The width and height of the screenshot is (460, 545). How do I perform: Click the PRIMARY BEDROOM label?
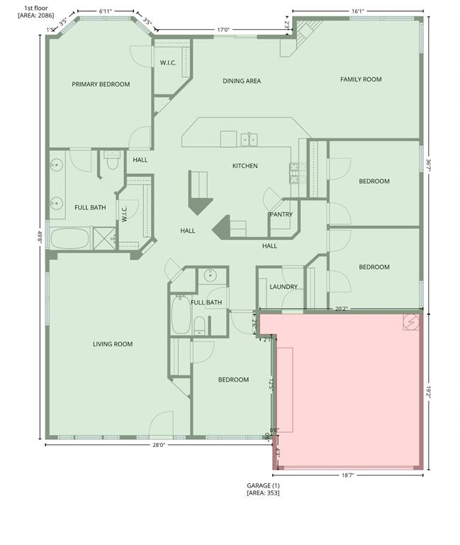(x=101, y=84)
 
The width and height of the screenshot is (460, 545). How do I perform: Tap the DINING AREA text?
(x=242, y=81)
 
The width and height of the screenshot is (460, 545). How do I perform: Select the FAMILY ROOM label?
(x=361, y=79)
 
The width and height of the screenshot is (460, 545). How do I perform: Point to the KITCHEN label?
(x=245, y=166)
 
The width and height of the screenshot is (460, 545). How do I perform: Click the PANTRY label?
(x=281, y=214)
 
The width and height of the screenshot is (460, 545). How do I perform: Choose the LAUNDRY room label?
(x=284, y=287)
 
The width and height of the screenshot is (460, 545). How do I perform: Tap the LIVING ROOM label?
(x=113, y=344)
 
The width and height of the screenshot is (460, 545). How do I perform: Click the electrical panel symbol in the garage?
(x=411, y=322)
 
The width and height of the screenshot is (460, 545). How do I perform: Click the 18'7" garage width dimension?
(x=347, y=475)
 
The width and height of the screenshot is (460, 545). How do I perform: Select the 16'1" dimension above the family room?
(x=357, y=11)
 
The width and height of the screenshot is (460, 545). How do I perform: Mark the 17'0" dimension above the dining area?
(x=223, y=30)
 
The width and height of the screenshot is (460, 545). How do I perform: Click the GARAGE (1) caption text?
(x=263, y=485)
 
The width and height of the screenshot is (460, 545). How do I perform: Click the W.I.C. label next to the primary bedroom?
(x=168, y=63)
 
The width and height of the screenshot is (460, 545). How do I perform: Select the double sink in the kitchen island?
(x=249, y=139)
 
